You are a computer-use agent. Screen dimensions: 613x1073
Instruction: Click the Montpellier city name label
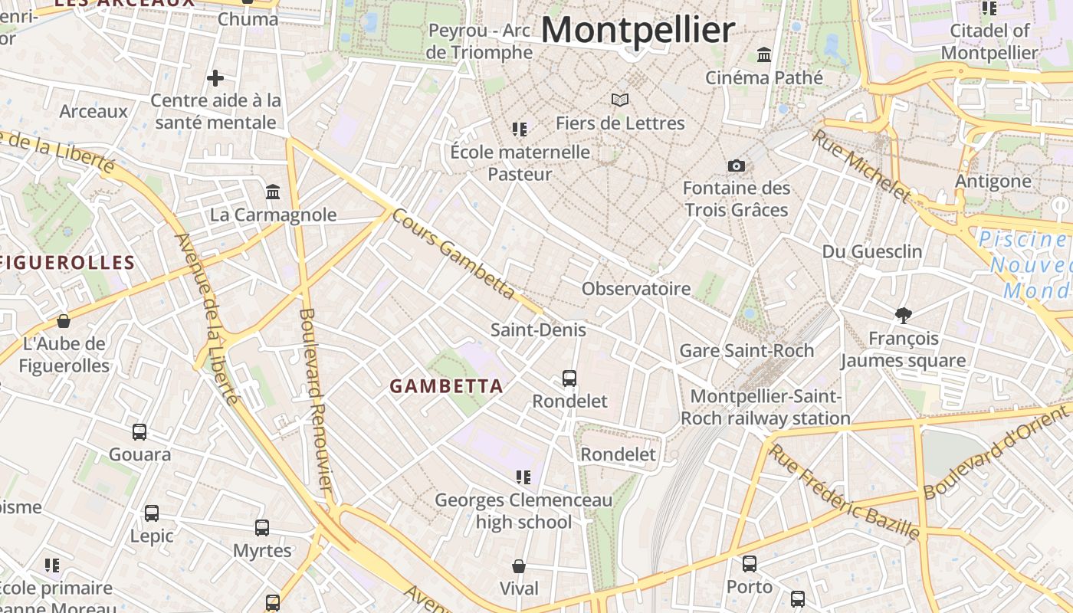tap(638, 31)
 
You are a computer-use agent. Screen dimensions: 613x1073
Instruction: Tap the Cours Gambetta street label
tap(454, 253)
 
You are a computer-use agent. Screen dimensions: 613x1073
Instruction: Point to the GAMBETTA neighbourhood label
tap(446, 386)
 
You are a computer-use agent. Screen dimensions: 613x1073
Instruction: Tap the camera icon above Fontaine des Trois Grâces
tap(736, 166)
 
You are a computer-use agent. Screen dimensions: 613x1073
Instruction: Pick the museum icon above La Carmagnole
tap(273, 192)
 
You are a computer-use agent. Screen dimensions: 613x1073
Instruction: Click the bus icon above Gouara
tap(139, 432)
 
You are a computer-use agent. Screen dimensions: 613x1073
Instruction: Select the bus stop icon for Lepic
tap(152, 513)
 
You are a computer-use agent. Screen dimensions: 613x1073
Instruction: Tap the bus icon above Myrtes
tap(262, 528)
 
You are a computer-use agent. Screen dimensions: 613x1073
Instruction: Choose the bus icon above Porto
tap(750, 564)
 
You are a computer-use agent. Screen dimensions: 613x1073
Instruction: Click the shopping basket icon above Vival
tap(519, 566)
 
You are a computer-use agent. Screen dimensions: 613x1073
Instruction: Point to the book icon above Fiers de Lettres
tap(620, 100)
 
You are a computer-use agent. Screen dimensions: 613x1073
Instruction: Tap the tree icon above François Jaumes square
tap(904, 314)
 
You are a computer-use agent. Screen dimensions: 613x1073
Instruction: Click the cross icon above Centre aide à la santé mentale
tap(215, 77)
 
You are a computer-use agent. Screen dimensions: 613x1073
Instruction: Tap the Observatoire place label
tap(636, 289)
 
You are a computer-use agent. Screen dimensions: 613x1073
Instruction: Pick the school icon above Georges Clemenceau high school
tap(523, 477)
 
